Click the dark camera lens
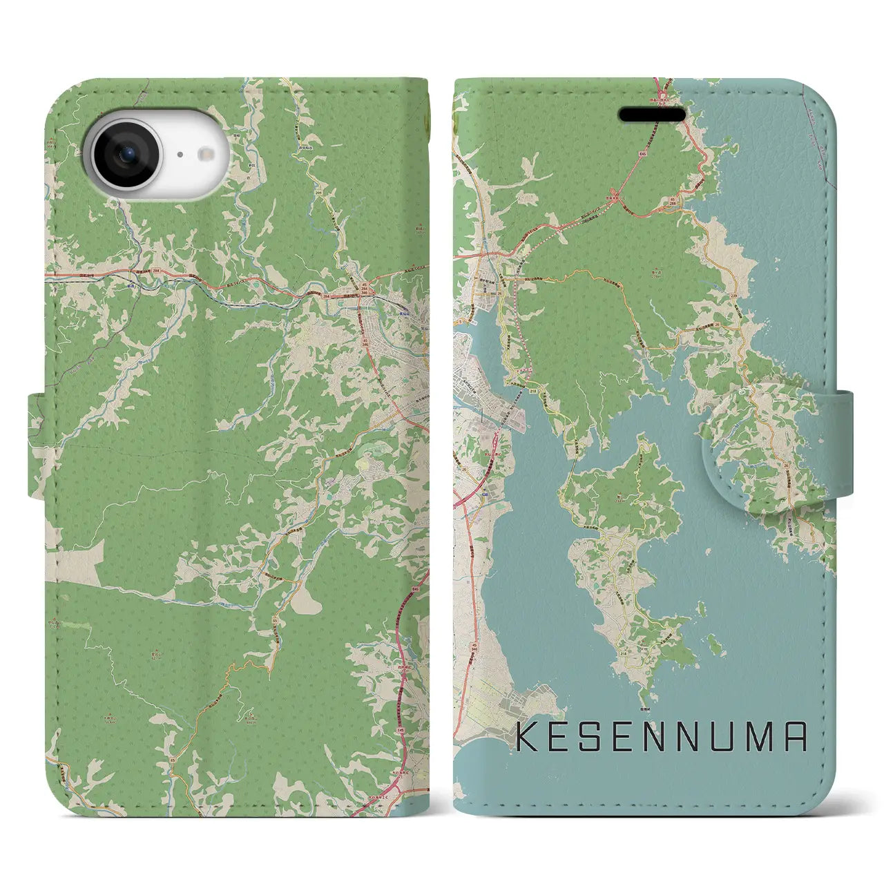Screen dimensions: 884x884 coord(126,155)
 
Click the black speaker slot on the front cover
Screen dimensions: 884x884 coord(651,114)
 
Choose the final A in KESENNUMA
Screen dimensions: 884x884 coord(795,737)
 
